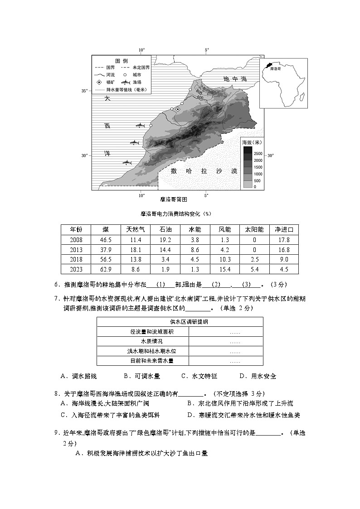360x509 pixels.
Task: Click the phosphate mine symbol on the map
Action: [x=178, y=109]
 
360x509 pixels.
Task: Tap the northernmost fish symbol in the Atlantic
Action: [x=141, y=125]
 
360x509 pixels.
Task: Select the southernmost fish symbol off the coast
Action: [x=127, y=162]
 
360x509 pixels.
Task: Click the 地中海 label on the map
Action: [x=236, y=79]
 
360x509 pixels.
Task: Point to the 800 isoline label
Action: [x=199, y=93]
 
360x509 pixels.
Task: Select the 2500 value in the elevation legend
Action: [x=258, y=154]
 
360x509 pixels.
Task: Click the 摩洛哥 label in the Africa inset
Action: [x=275, y=68]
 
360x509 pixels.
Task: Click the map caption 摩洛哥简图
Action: [x=174, y=199]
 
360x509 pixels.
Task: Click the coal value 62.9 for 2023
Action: [x=105, y=269]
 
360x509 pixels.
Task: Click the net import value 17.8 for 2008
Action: [x=283, y=240]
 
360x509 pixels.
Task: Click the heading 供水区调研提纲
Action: [x=180, y=321]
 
